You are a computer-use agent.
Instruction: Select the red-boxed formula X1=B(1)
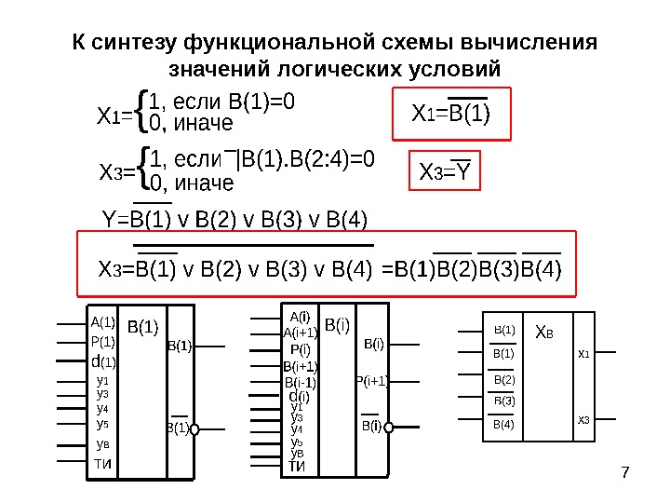(451, 114)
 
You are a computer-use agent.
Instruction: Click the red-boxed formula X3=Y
(444, 173)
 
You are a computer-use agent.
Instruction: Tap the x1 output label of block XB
(583, 354)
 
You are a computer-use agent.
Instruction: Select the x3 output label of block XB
(583, 420)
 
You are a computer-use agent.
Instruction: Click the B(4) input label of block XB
(503, 425)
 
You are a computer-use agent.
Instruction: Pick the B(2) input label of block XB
(503, 380)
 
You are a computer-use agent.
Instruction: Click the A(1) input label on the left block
(102, 322)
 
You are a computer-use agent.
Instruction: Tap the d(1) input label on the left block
(102, 360)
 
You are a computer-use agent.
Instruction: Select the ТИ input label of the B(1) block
(102, 464)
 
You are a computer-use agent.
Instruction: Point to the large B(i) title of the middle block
(338, 324)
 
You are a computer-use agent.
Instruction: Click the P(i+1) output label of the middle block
(372, 380)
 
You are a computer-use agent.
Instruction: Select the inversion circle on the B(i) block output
(392, 427)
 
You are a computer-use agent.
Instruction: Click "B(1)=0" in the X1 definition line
(261, 101)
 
